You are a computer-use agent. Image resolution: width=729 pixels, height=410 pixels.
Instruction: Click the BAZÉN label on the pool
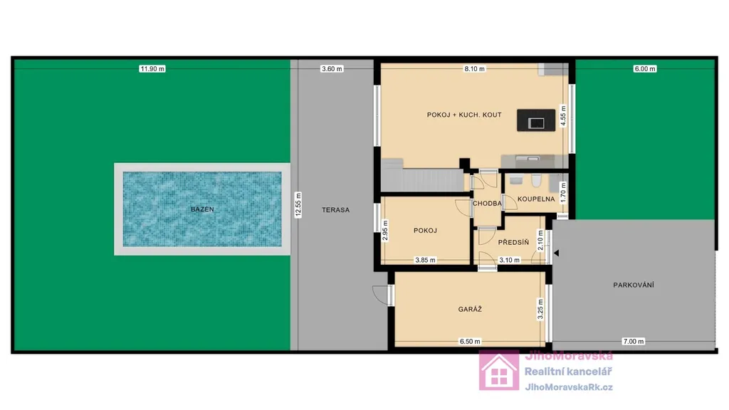click(x=202, y=209)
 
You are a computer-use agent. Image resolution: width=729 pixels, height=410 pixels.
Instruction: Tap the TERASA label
click(x=336, y=210)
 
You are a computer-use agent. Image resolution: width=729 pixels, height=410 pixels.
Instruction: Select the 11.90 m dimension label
click(x=152, y=69)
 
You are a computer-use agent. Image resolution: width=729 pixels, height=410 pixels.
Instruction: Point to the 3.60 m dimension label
click(x=332, y=69)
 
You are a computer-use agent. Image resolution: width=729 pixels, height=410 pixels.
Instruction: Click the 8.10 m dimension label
click(x=474, y=69)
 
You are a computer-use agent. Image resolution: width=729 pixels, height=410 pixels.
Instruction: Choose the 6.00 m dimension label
click(x=645, y=69)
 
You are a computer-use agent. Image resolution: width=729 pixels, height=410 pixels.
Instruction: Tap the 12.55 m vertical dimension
click(x=298, y=205)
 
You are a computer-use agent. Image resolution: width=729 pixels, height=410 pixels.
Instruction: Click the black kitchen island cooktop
click(x=536, y=120)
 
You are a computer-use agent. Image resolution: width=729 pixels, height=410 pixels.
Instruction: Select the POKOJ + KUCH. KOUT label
click(x=464, y=115)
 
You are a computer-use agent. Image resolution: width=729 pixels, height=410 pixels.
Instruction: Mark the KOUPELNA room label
click(x=536, y=199)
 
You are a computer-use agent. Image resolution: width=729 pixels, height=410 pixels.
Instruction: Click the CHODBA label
click(x=487, y=203)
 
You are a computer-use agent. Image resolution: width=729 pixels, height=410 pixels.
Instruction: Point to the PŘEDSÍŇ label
click(x=513, y=242)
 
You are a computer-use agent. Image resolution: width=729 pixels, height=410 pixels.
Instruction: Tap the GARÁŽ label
click(x=470, y=309)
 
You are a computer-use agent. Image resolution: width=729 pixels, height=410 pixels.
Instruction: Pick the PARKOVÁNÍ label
click(x=633, y=285)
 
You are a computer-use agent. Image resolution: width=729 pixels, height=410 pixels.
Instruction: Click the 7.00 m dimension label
click(x=633, y=341)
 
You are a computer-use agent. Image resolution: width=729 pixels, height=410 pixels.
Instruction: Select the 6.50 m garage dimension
click(x=470, y=341)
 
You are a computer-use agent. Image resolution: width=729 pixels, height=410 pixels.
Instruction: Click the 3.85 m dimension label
click(x=425, y=260)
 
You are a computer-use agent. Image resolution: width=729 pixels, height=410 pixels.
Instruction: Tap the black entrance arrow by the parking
click(x=556, y=253)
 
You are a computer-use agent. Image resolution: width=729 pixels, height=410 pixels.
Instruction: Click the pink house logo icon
click(x=499, y=370)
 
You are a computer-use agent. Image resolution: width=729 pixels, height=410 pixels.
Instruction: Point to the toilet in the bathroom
click(x=536, y=180)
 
